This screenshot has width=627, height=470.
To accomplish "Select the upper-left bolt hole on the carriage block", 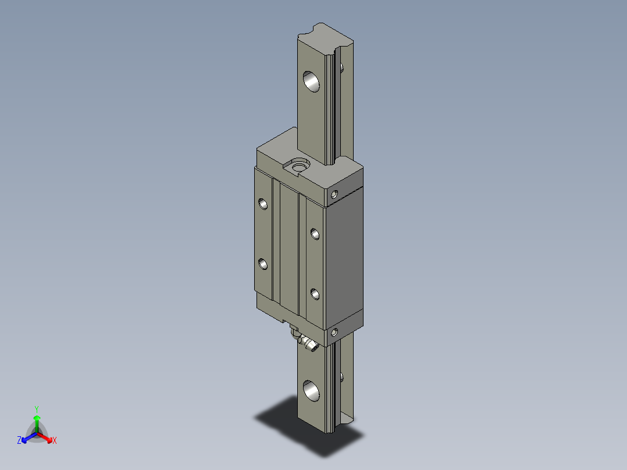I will (263, 204).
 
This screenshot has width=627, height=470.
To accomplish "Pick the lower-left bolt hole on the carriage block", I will (263, 264).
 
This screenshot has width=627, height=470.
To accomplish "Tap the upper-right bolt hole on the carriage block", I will (315, 234).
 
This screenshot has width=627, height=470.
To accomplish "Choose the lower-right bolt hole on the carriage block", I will (315, 294).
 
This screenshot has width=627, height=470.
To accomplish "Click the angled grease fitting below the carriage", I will (307, 343).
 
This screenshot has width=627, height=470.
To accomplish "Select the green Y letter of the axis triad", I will (36, 409).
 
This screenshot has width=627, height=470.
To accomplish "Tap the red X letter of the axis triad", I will (55, 441).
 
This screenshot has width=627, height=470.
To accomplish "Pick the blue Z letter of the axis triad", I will (19, 441).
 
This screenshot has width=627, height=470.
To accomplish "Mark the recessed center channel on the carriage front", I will (288, 250).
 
